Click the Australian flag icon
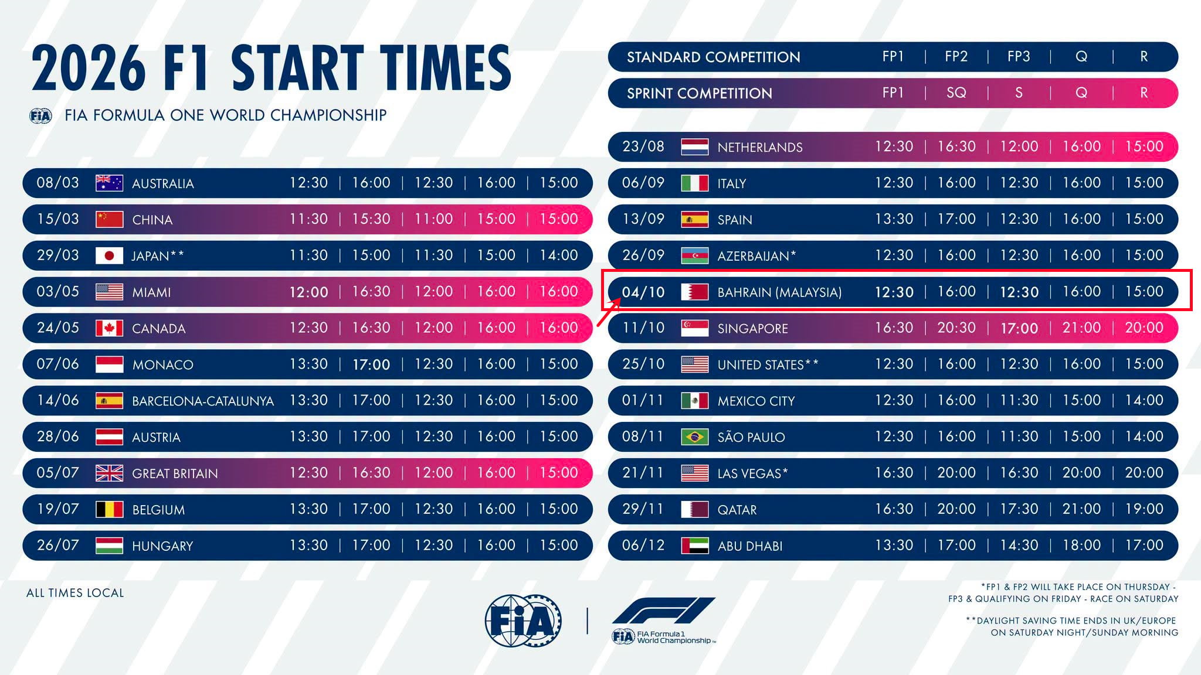(x=109, y=183)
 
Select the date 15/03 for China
(x=57, y=219)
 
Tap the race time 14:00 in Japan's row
(x=558, y=255)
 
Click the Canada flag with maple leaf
(x=109, y=328)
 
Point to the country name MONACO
(x=162, y=364)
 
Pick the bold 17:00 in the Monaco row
(x=371, y=364)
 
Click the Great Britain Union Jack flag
(x=109, y=473)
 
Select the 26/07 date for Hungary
(x=57, y=545)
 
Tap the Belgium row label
(x=158, y=510)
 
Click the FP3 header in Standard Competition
(x=1019, y=56)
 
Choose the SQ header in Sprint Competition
(x=956, y=93)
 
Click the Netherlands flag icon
(x=694, y=146)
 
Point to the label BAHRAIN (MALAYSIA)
(x=779, y=292)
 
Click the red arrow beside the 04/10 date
(x=609, y=312)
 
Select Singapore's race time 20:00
(x=1144, y=328)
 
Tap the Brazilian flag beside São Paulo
(x=694, y=437)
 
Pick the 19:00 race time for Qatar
(x=1144, y=509)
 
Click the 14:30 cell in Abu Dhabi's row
(x=1019, y=545)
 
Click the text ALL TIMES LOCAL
(x=75, y=593)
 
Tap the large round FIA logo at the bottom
(x=523, y=621)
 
